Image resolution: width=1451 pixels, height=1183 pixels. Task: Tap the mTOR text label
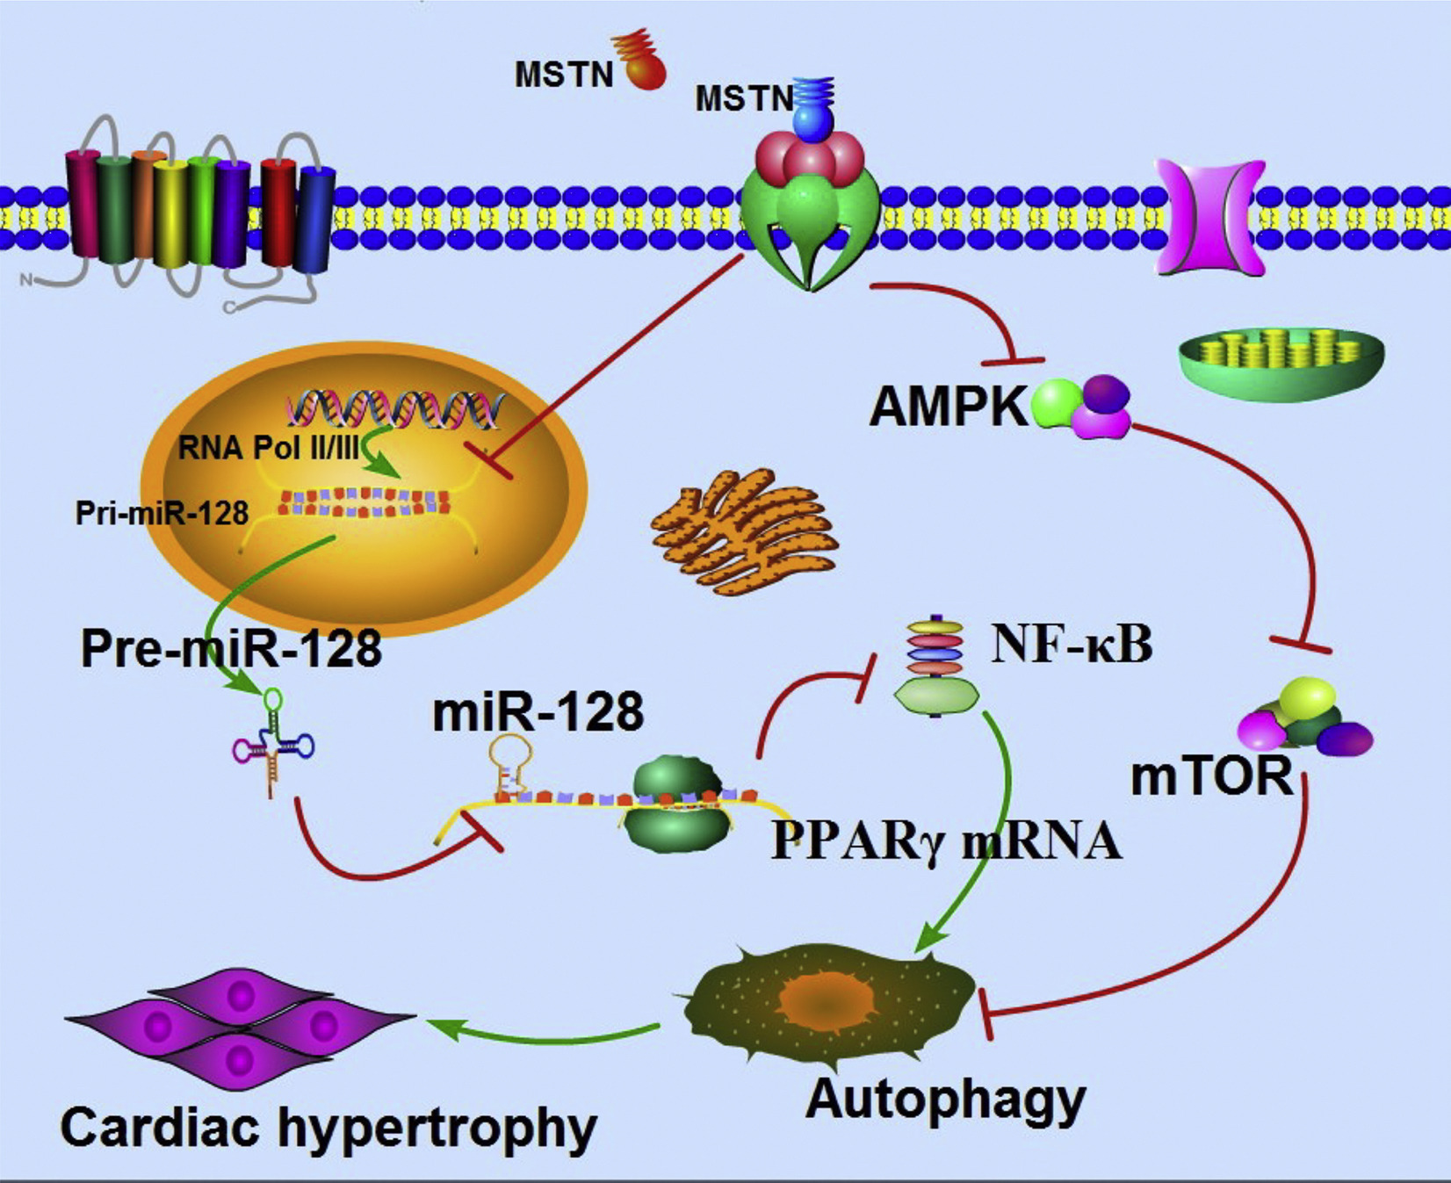pos(1212,776)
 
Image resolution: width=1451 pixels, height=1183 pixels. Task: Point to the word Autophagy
pos(946,1099)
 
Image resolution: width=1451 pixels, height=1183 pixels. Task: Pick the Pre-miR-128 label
pos(231,649)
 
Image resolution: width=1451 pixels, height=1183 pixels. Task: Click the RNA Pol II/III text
pos(269,448)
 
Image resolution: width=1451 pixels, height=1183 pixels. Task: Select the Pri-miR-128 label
pos(162,513)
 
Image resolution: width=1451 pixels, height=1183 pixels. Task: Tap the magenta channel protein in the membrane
pos(1210,216)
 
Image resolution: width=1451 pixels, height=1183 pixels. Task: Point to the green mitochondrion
pos(1281,363)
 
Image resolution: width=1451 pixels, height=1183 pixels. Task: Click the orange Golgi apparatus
pos(745,530)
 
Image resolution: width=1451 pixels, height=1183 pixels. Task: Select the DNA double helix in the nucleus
pos(396,408)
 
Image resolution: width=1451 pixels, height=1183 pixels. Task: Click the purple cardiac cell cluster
pos(240,1027)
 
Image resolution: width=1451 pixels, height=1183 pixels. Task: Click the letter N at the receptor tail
pos(27,280)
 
